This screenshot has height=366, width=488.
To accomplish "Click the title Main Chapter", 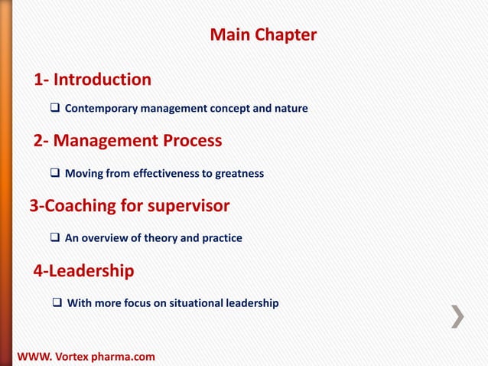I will pos(262,35).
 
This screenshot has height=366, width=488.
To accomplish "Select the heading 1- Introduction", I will pos(92,80).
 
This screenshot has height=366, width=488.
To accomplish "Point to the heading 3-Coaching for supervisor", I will pos(129,206).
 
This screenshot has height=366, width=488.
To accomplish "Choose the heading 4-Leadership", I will pos(84,271).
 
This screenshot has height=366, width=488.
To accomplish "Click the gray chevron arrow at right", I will pos(457,316).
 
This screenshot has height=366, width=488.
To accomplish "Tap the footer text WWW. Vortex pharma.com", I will pos(85,357).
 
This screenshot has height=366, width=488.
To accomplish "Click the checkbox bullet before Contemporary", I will pos(56,109).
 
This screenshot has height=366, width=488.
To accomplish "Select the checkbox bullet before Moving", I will pos(56,174).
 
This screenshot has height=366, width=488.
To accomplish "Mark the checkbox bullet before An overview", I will pos(56,238).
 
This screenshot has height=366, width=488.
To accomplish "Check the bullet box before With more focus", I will pos(57,303).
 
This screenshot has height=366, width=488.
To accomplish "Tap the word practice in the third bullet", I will pos(221,238).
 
